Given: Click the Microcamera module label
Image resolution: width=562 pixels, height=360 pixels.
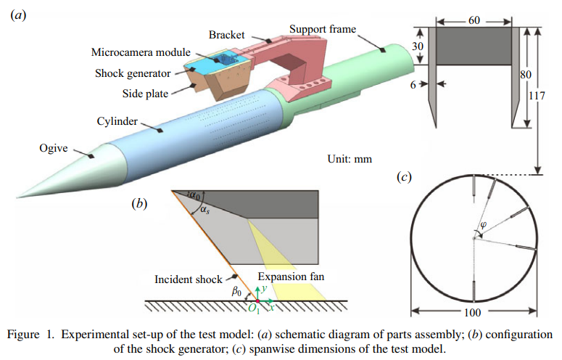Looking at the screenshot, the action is coord(141,52).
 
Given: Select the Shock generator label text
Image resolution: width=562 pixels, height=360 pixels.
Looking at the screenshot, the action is coord(133,73).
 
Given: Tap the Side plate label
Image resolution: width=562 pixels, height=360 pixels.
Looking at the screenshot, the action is coord(145,94).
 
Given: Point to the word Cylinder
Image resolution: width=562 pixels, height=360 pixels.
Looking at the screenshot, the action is coord(117,121).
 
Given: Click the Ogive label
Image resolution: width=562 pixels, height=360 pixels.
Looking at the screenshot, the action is coord(54,149).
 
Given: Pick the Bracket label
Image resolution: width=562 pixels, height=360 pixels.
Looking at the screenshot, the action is coord(226,35).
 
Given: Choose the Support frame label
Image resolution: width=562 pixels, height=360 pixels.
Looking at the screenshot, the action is coord(323,29).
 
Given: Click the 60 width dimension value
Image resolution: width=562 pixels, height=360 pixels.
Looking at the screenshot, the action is coord(474,20).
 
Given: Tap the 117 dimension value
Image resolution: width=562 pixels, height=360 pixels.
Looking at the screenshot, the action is coord(537,96).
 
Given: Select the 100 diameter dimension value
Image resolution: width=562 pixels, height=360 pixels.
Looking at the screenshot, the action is coord(472,313).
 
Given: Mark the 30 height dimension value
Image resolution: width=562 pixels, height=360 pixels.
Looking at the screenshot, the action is coord(417,46).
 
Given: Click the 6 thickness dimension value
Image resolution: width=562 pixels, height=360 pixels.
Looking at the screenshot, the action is coord(413,85).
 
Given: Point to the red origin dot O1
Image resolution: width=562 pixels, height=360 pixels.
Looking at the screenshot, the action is coord(257,300).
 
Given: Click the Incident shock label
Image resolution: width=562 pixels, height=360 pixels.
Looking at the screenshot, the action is coord(188,279).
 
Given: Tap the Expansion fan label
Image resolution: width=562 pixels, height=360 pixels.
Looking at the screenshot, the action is coord(291,277).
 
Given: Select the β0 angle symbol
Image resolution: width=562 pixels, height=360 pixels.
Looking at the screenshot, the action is coord(236,291).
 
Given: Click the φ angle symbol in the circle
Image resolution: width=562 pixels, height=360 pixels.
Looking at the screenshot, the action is coord(483,226).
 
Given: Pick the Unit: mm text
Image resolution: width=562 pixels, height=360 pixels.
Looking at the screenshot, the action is coord(350,159).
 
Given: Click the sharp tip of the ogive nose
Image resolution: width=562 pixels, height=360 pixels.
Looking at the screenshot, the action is coord(17,197).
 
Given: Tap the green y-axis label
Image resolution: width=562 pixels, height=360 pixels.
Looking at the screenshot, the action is coord(264,288).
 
